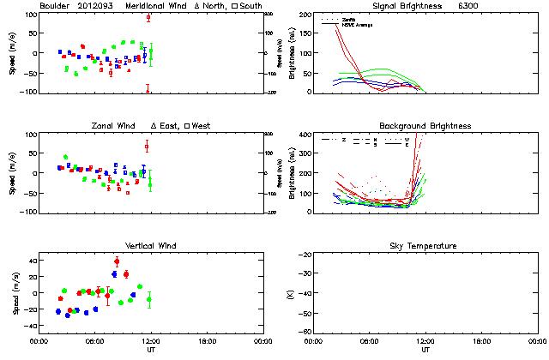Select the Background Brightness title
click(x=425, y=126)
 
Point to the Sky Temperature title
click(x=425, y=246)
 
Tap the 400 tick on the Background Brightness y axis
click(x=307, y=135)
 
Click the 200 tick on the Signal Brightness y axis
click(x=307, y=15)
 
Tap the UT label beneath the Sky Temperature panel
click(x=425, y=350)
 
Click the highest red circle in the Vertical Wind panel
click(x=117, y=261)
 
